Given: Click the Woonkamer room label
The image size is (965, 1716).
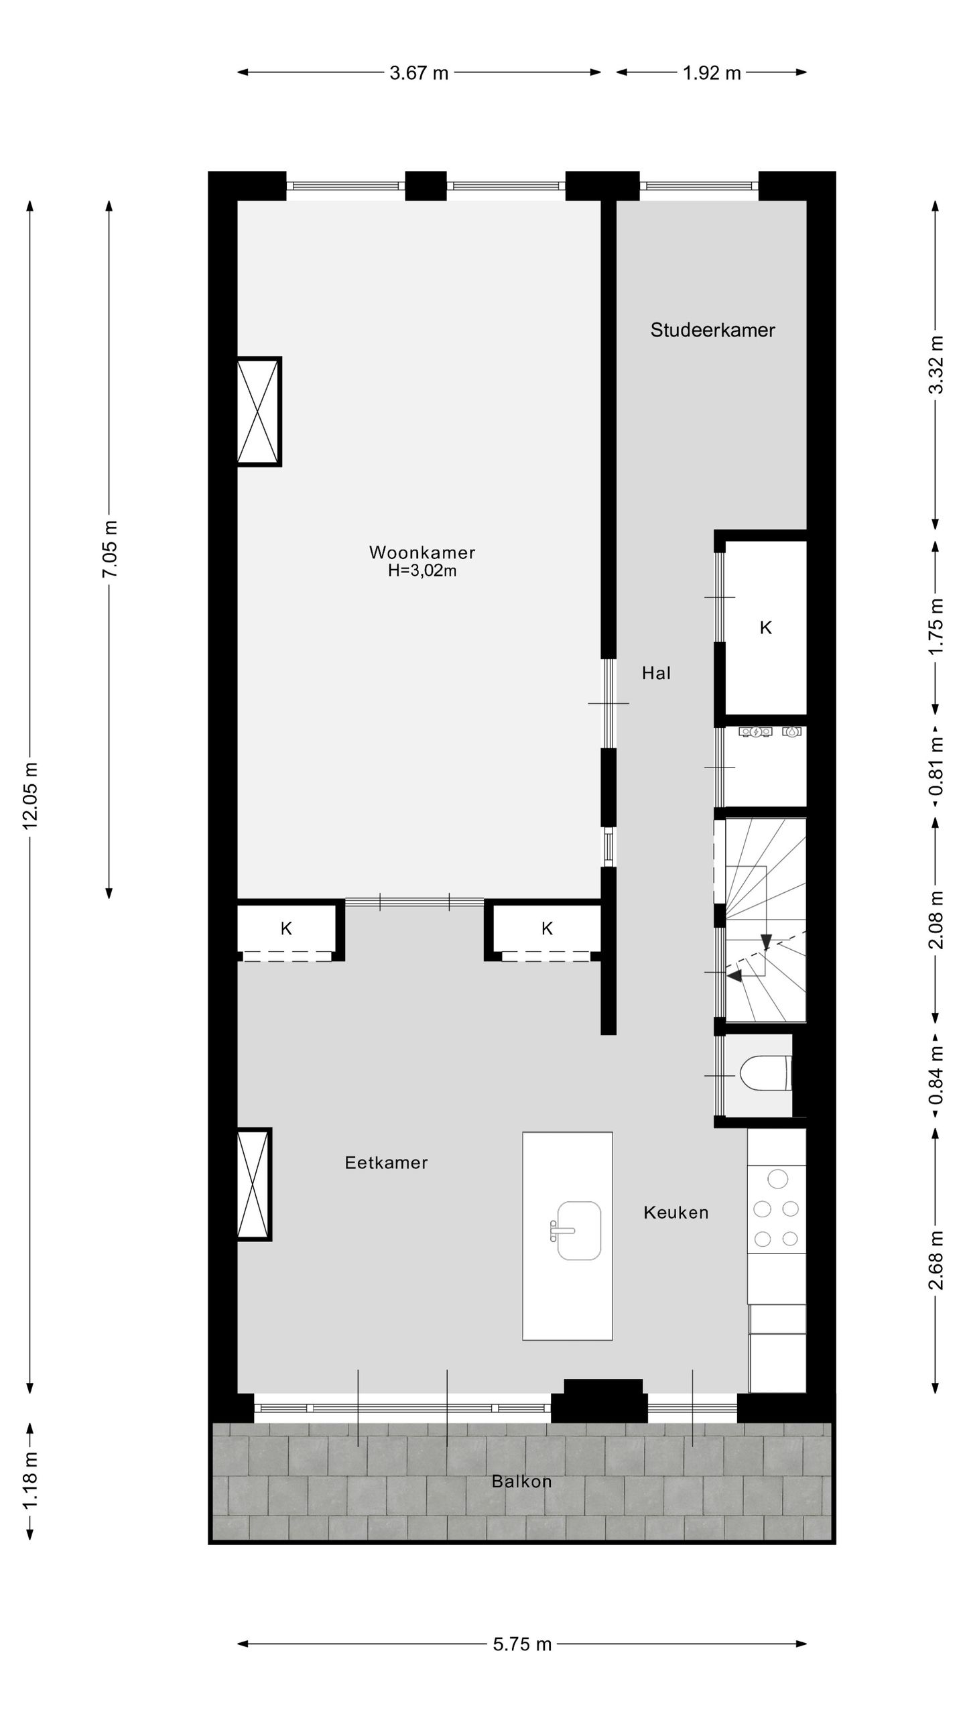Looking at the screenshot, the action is (422, 552).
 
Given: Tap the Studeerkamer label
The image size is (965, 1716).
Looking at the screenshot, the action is (712, 330).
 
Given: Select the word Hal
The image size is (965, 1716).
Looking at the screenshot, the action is (656, 673).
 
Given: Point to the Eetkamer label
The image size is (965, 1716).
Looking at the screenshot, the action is (386, 1162).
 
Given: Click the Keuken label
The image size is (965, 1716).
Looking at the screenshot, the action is (675, 1212).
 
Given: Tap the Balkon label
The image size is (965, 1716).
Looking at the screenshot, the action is (521, 1481).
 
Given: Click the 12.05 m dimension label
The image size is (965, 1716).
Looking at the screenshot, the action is (31, 796).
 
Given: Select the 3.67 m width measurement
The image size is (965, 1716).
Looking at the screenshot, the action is (419, 72).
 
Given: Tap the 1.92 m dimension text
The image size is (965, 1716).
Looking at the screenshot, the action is (712, 72).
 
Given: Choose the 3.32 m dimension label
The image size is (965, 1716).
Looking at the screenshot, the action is (937, 365).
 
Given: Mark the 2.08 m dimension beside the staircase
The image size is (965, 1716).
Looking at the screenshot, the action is (937, 920).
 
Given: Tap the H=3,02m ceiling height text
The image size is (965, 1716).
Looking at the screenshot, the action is (422, 570).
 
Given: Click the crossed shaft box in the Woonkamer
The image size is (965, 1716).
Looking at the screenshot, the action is (259, 411).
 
